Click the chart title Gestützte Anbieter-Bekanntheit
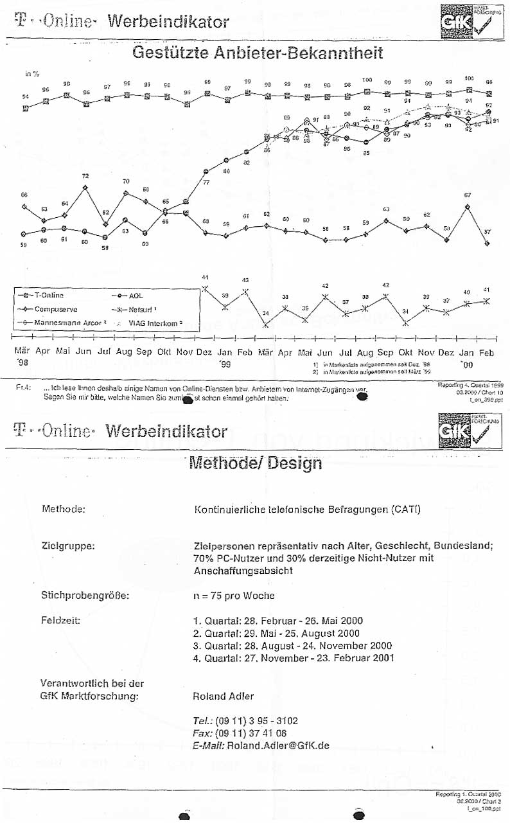[x=257, y=53]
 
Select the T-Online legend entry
[x=49, y=296]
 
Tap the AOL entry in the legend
[x=136, y=296]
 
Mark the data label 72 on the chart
[x=85, y=176]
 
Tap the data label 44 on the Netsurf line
[x=205, y=277]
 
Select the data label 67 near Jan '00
[x=468, y=195]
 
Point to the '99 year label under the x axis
[x=224, y=364]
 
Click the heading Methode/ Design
[x=255, y=463]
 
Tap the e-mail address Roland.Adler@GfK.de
[x=278, y=745]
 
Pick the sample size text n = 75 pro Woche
[x=234, y=596]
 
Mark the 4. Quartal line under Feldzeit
[x=294, y=657]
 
